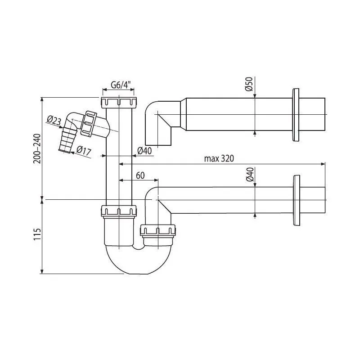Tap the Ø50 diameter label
(249, 84)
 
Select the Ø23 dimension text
(54, 120)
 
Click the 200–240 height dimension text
(37, 148)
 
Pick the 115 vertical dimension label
(37, 234)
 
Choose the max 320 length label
(219, 158)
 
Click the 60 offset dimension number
(140, 175)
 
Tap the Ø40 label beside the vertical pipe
(144, 151)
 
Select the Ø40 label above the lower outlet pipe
(250, 175)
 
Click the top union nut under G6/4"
(119, 103)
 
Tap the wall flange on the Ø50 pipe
(296, 115)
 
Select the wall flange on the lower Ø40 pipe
(297, 200)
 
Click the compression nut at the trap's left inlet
(119, 211)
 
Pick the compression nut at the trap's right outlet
(158, 231)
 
